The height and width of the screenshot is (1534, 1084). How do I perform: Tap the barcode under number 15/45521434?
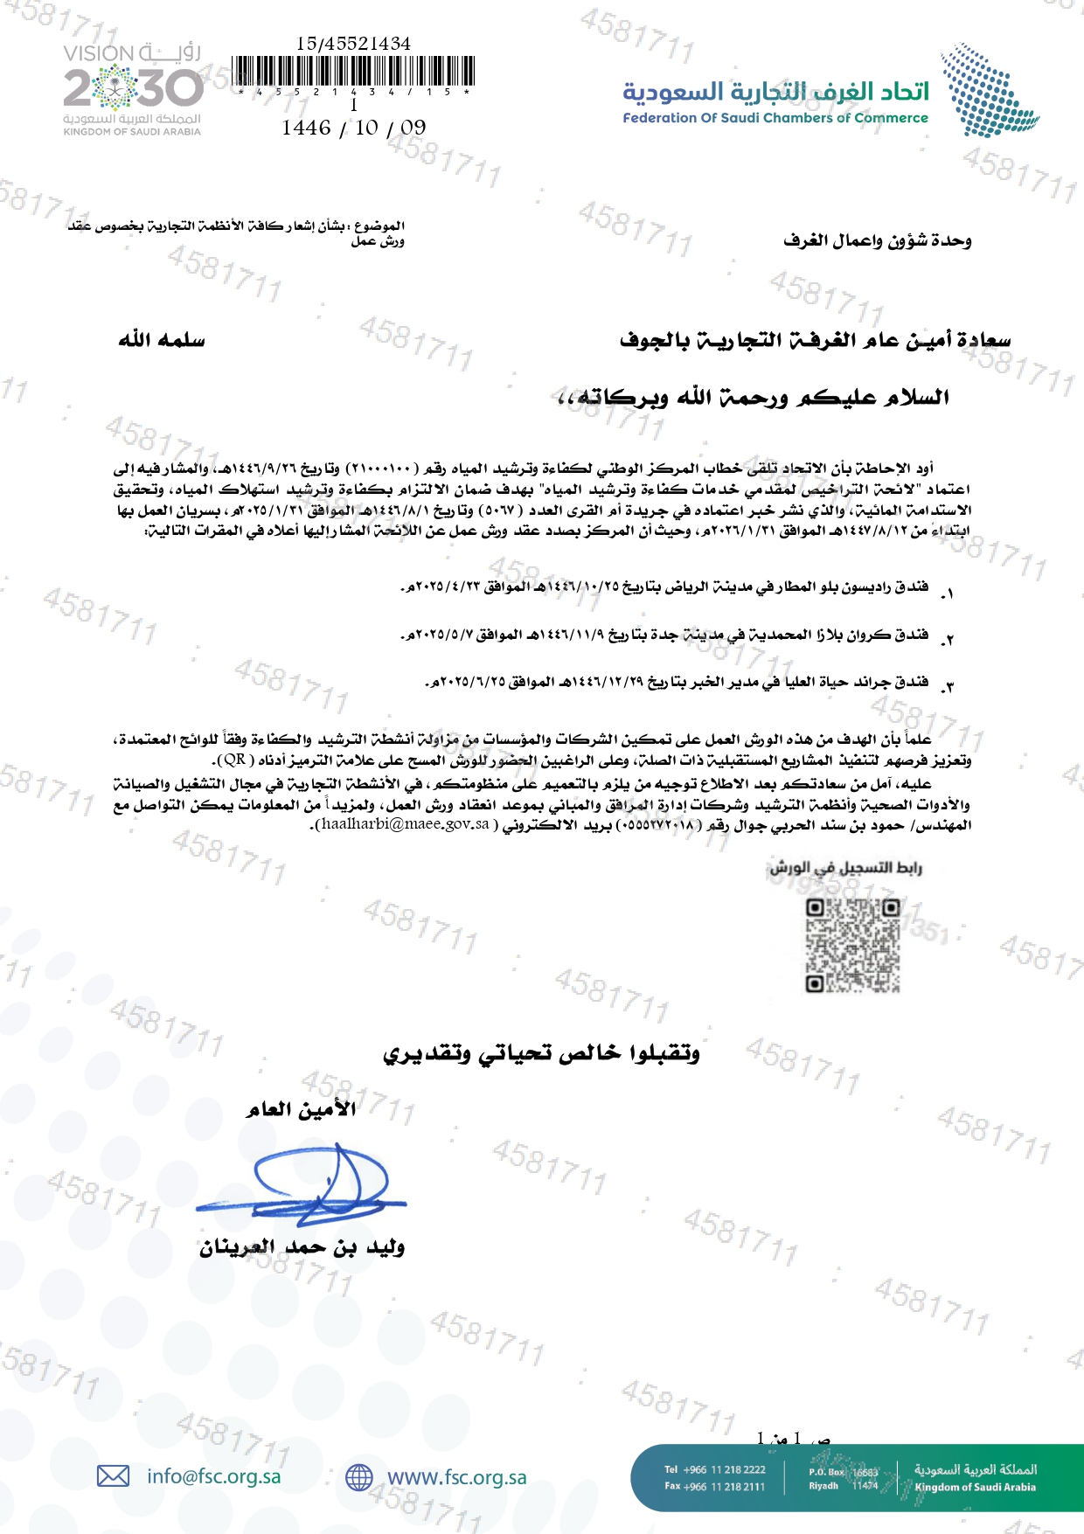click(354, 71)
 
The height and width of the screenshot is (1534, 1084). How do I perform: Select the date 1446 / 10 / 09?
click(354, 128)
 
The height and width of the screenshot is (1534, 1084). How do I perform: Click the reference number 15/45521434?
click(353, 43)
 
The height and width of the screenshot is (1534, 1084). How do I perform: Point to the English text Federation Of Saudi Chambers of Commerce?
click(775, 118)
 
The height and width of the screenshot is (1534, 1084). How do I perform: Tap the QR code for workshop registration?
click(852, 945)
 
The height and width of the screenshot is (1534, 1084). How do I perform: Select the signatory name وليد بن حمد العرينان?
click(302, 1247)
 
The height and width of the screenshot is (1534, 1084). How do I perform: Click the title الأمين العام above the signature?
click(301, 1109)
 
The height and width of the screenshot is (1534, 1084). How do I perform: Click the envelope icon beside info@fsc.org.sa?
click(113, 1476)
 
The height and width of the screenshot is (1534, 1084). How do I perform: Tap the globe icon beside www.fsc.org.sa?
click(358, 1477)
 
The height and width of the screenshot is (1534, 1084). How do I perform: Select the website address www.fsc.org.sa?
click(456, 1477)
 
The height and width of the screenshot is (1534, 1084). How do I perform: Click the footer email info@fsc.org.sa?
click(213, 1476)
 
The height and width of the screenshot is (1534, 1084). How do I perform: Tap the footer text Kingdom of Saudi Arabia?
click(975, 1487)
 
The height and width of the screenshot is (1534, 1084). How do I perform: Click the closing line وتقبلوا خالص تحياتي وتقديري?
click(541, 1053)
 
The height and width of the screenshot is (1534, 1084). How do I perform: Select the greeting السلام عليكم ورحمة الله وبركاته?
click(753, 398)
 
